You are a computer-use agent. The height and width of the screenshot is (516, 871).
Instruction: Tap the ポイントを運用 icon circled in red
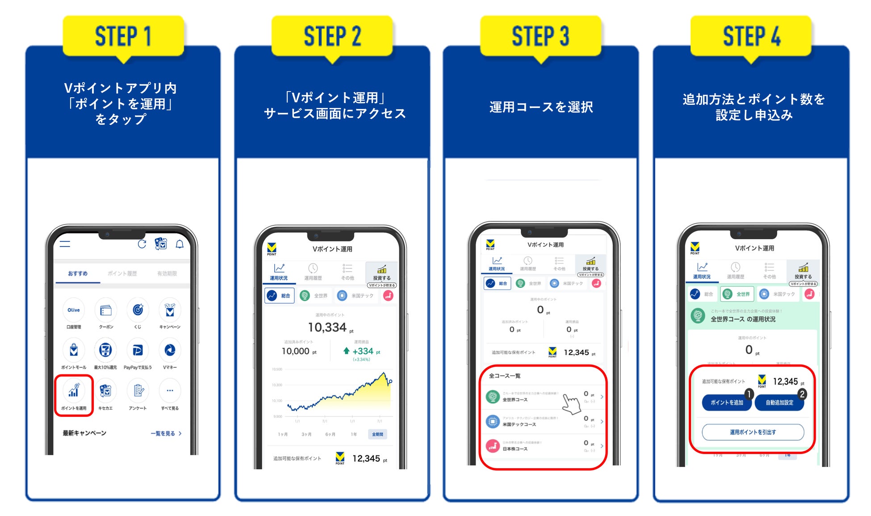tap(74, 393)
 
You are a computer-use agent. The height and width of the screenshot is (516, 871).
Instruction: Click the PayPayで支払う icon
tap(138, 351)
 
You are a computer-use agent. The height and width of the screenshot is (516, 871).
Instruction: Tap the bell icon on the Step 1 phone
tap(180, 244)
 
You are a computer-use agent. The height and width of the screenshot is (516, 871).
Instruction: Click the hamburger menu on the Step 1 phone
tap(65, 244)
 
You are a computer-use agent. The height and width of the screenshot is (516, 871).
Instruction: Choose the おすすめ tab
tap(78, 273)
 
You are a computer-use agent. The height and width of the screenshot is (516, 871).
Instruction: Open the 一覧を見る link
tap(166, 433)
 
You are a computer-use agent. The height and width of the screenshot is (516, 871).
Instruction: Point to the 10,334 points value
tap(327, 328)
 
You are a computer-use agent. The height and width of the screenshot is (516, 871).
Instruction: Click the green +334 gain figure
tap(363, 351)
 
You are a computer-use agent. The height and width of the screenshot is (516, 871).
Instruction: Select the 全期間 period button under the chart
tap(377, 434)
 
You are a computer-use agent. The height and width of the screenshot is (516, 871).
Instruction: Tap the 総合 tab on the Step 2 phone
tap(280, 295)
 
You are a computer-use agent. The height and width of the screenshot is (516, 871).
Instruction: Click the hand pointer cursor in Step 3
tap(571, 404)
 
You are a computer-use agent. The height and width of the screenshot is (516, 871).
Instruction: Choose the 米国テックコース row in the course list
tap(543, 421)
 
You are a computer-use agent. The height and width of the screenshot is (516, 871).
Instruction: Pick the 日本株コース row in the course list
tap(543, 446)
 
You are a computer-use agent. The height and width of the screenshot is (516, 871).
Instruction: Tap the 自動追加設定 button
tap(779, 403)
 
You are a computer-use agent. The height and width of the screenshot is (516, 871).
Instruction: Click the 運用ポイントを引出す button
tap(753, 432)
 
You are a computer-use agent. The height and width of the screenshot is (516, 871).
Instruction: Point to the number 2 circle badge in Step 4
tap(802, 394)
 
